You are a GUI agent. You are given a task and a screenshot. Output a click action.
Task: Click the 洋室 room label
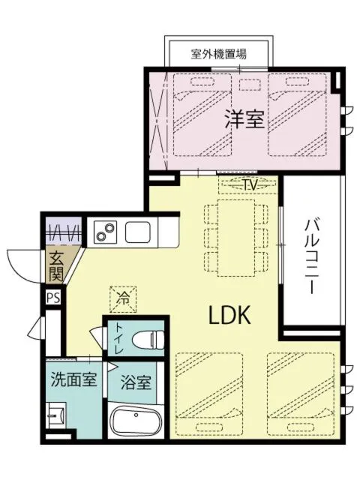pos(244,118)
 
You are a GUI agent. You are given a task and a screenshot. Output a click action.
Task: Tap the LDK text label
pos(228,316)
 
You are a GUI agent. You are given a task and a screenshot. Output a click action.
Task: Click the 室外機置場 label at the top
pos(219,54)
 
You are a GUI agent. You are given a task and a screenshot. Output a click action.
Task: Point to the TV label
pos(250,184)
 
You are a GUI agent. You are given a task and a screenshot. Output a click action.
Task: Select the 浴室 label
pos(136,382)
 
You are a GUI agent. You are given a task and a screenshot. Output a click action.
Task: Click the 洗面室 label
pos(73,379)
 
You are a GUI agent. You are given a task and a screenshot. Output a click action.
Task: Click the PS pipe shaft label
pos(52,298)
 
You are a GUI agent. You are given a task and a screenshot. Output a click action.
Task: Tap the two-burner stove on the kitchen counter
pos(106,232)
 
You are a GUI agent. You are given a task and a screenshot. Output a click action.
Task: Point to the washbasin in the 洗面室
pos(55,415)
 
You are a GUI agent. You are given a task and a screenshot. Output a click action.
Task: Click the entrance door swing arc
pos(22,264)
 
